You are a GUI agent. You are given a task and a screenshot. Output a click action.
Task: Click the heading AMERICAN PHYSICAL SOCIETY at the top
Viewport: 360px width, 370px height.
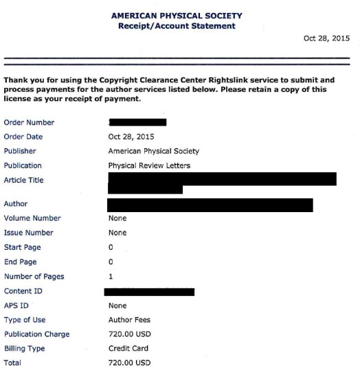[x=177, y=16]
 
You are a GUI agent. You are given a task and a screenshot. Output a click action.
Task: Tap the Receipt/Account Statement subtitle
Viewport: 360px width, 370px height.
[x=177, y=26]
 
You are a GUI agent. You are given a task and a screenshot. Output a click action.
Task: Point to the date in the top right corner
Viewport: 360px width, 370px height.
[x=326, y=38]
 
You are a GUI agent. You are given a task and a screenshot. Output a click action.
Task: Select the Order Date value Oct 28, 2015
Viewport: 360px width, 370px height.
[x=131, y=137]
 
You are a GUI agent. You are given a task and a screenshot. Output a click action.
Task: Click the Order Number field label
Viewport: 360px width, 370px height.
[x=29, y=122]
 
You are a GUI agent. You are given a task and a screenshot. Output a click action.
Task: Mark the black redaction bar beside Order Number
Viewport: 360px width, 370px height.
[x=137, y=122]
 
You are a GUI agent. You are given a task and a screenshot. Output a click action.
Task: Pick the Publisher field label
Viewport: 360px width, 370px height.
[x=20, y=151]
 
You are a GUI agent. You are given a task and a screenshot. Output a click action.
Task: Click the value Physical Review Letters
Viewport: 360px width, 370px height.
[x=149, y=165]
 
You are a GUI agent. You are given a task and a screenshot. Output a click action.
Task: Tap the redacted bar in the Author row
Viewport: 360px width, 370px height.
[x=210, y=205]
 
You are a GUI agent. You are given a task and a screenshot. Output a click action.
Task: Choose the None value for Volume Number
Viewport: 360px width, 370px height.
[x=117, y=218]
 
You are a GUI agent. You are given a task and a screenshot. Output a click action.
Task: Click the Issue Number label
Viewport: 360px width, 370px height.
[x=28, y=233]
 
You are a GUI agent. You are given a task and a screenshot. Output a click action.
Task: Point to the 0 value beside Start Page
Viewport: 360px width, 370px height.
[x=111, y=247]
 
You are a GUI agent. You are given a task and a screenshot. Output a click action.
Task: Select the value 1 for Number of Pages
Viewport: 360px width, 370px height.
[x=111, y=277]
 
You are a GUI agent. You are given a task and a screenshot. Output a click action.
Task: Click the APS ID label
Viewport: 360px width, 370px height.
[x=16, y=305]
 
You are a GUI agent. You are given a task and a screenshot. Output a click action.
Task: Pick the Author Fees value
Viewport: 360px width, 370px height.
[x=129, y=320]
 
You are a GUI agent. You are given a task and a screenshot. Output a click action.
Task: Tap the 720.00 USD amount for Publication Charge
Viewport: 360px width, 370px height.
[x=129, y=334]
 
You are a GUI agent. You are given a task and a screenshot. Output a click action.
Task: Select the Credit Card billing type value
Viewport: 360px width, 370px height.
[x=129, y=349]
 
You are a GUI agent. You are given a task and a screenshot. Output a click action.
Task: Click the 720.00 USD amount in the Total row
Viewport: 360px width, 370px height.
[x=129, y=362]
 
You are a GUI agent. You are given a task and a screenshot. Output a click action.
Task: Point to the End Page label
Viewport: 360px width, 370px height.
[x=21, y=262]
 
